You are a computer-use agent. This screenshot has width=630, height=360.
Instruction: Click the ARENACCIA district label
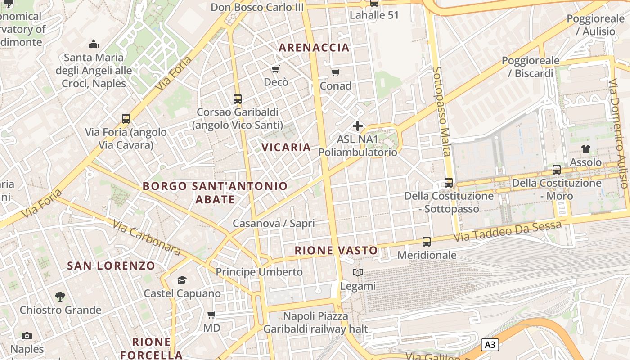314,47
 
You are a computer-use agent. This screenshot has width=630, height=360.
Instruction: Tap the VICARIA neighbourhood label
286,147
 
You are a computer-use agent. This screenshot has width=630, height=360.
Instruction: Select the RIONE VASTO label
336,251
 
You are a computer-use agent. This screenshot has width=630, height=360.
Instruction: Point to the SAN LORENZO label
111,265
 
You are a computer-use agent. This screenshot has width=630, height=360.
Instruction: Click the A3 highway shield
490,345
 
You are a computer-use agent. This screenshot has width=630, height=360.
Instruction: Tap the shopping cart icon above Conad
335,72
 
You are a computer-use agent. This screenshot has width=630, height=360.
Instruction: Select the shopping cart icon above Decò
275,69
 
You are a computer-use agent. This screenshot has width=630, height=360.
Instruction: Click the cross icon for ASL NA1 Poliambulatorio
358,126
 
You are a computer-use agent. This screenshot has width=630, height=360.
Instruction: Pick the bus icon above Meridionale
427,242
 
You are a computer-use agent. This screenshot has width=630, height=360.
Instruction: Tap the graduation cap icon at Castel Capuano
182,280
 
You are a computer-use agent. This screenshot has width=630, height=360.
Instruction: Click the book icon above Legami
358,272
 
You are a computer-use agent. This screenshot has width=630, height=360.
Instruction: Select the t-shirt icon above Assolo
585,148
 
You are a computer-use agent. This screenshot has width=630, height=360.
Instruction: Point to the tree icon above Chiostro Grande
60,296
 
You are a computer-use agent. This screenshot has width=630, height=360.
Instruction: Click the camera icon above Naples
27,336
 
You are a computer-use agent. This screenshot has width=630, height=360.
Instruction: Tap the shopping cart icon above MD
211,315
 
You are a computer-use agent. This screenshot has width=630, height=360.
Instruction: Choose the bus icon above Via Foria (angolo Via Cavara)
126,119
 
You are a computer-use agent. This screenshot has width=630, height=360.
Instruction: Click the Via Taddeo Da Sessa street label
508,230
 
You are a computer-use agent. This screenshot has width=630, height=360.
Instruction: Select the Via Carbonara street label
146,237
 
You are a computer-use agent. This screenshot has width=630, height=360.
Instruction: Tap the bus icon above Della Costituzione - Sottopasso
449,182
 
